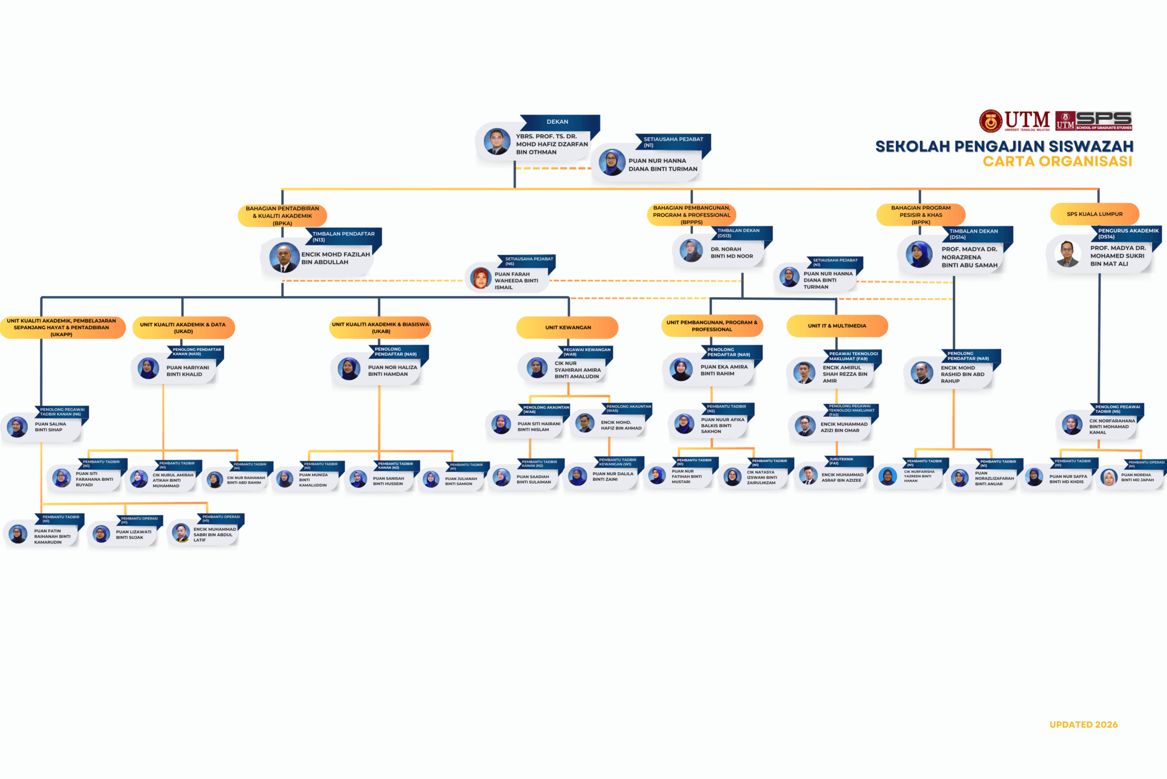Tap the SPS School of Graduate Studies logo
[1093, 121]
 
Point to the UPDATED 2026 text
[1083, 725]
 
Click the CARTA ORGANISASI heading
[1057, 161]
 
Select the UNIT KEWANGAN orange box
[568, 327]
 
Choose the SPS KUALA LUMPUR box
[1095, 214]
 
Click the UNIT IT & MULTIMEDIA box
[837, 326]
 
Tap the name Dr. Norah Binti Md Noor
[732, 253]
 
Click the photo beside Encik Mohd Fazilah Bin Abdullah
[284, 258]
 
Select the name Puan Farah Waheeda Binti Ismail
[516, 281]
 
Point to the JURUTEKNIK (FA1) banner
[842, 461]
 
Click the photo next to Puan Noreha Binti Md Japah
[1109, 477]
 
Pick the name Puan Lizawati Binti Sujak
[133, 535]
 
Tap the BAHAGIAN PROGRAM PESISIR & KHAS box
[920, 215]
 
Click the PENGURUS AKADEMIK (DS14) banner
[1127, 233]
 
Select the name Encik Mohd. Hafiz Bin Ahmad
[621, 425]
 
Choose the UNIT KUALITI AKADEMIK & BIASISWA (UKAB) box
[380, 327]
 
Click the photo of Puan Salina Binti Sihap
[18, 427]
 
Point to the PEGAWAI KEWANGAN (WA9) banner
[586, 352]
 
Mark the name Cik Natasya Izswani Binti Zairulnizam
[761, 477]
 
